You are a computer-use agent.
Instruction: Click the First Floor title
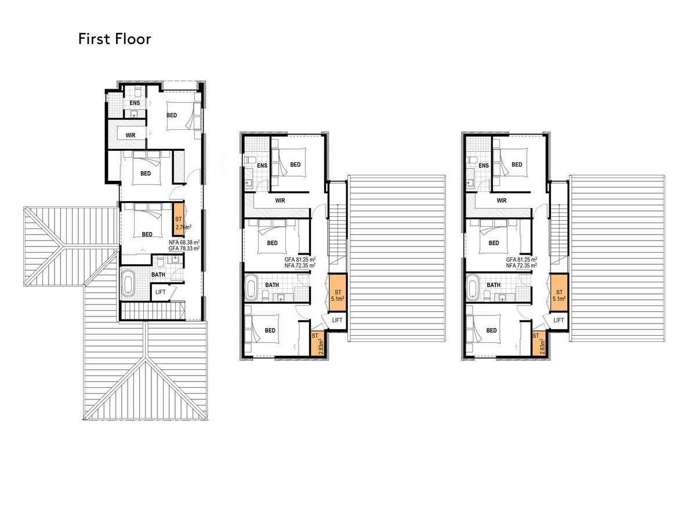coord(115,39)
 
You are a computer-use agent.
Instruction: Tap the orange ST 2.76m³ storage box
coord(179,219)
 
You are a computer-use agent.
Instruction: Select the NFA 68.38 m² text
coord(184,242)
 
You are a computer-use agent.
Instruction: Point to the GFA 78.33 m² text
coord(184,249)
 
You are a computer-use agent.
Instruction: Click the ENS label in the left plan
coord(135,103)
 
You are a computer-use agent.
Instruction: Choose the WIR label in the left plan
coord(130,136)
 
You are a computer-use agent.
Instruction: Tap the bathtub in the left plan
coord(128,283)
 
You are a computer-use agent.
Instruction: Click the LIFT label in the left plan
coord(160,292)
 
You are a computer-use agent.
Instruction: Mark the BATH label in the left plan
coord(158,275)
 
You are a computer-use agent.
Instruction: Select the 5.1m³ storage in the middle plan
coord(338,292)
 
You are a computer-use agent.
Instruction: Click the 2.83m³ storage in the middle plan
coord(318,344)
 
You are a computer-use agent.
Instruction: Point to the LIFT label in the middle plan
coord(337,320)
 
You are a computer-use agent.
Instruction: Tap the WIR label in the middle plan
coord(280,201)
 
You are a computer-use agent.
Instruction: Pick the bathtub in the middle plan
coord(251,288)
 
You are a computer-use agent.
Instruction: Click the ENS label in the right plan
coord(484,166)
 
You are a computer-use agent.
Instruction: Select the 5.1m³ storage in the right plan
coord(559,292)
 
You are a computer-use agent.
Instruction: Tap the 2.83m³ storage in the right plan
coord(539,344)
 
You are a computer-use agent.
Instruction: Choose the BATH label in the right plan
coord(494,285)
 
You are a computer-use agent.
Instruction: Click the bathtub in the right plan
coord(473,288)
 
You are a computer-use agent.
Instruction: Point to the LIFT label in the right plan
coord(559,320)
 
